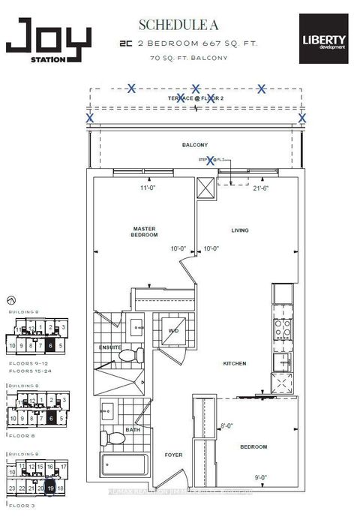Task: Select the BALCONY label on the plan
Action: coord(193,144)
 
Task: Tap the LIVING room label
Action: coord(239,230)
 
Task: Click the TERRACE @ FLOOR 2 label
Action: coord(196,98)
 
